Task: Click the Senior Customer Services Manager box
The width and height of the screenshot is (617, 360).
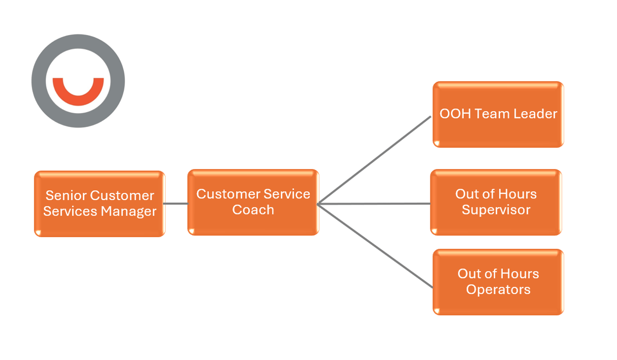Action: coord(100,204)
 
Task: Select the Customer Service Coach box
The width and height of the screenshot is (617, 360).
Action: coord(253,202)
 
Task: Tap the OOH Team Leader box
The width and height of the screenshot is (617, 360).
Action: coord(498,114)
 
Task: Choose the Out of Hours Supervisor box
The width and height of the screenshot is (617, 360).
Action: coord(496,202)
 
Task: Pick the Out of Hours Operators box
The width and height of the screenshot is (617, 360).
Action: coord(498,282)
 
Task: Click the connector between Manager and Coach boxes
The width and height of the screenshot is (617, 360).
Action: coord(176,204)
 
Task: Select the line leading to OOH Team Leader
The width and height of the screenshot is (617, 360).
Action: coord(374,160)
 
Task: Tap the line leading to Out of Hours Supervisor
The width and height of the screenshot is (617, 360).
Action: coord(374,204)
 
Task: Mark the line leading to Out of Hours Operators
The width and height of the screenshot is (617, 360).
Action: coord(375,246)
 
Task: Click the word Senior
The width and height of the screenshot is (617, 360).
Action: coord(66,195)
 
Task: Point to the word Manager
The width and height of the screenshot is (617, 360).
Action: coord(129,211)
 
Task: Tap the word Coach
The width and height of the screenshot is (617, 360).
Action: coord(253,210)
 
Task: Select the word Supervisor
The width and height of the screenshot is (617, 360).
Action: coord(496,210)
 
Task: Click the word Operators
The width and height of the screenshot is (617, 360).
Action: coord(498,290)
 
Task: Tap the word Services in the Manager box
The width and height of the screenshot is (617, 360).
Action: coord(70,211)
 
